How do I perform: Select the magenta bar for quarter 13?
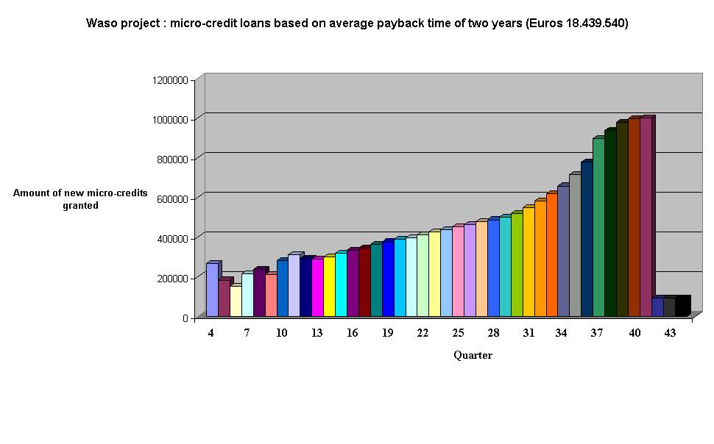pos(317,287)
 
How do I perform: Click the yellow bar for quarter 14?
pos(329,287)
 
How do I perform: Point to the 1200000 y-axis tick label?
pos(169,79)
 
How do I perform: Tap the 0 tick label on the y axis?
pos(184,318)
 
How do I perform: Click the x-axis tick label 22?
pos(423,333)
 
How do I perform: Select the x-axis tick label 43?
pos(670,333)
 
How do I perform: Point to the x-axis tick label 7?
pos(247,333)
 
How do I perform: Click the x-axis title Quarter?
pos(473,356)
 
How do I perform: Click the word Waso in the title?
pos(101,24)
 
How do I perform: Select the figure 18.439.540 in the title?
pos(595,24)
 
